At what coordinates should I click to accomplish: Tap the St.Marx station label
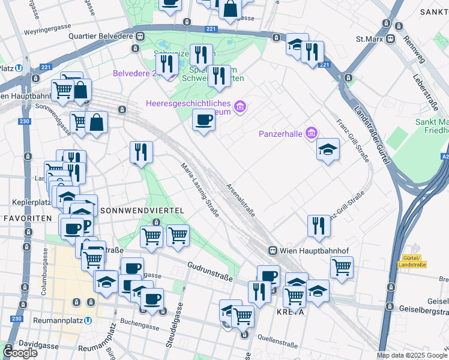click(x=369, y=39)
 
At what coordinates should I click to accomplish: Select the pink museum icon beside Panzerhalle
click(x=311, y=133)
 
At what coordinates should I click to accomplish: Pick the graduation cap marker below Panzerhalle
click(x=328, y=149)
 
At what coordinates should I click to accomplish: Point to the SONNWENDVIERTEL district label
click(x=141, y=211)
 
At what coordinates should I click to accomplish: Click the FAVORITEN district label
click(x=26, y=218)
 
